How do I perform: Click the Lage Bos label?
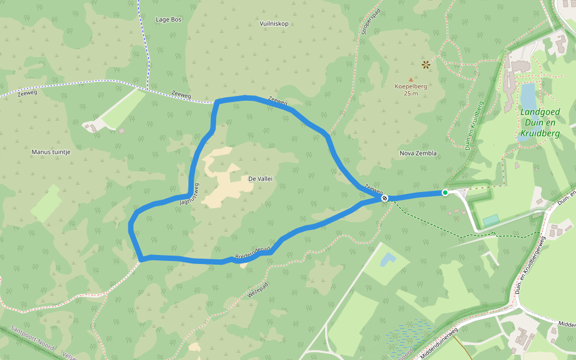click(x=169, y=19)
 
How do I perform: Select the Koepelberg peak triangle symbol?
click(x=411, y=79)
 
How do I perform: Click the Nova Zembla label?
click(x=418, y=153)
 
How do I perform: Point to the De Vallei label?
click(x=260, y=179)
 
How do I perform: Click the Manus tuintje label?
click(x=51, y=152)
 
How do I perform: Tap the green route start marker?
click(x=445, y=193)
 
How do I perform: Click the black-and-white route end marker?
click(x=385, y=198)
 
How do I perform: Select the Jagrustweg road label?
click(x=188, y=193)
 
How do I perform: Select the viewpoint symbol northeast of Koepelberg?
click(x=426, y=64)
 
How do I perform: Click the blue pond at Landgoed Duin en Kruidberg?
click(x=528, y=95)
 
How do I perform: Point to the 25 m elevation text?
click(x=410, y=93)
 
